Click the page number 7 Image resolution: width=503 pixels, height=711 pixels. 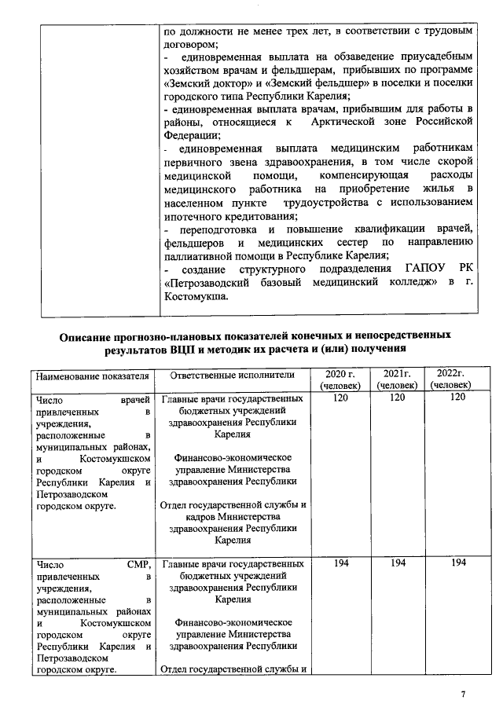coord(464,695)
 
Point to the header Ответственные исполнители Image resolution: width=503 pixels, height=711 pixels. coord(232,376)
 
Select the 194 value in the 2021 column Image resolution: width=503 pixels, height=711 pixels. coord(398,564)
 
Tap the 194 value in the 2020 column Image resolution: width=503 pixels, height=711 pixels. coord(340,564)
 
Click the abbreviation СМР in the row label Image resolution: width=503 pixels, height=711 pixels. coord(137,564)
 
